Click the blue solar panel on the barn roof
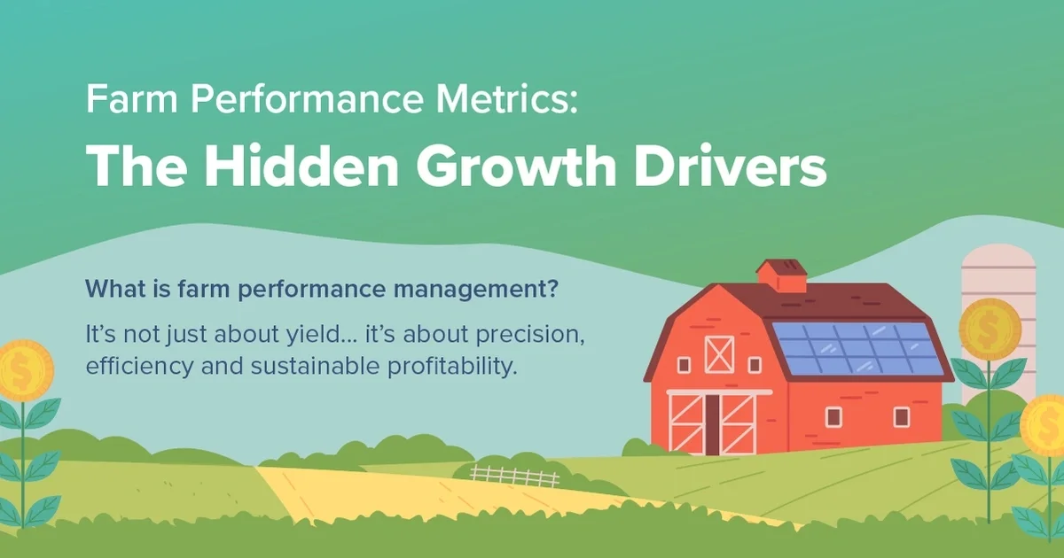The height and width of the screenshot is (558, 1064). point(856,348)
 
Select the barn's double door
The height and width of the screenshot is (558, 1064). point(712,422)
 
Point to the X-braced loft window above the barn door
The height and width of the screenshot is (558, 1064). point(717,353)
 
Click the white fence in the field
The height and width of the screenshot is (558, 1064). point(514,476)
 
